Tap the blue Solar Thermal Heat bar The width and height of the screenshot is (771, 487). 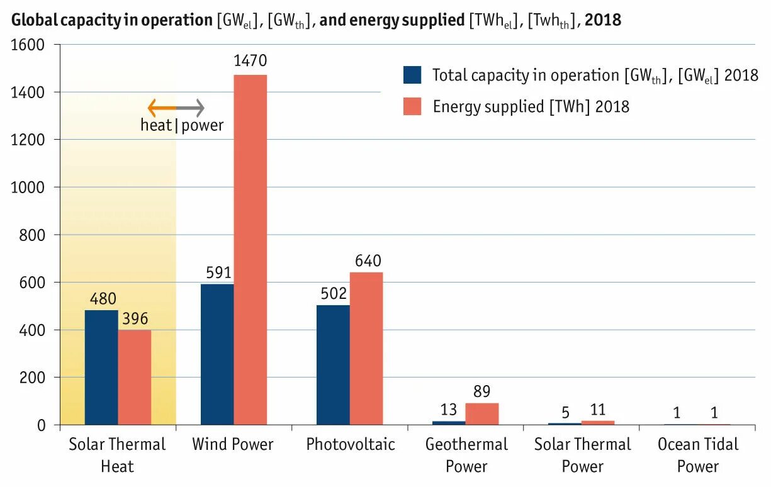pos(101,367)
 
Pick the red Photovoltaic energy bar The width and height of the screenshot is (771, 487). pos(366,349)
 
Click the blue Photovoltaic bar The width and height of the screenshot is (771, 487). pos(333,365)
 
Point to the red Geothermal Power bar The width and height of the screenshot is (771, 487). pos(481,414)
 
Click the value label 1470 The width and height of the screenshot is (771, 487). pos(250,61)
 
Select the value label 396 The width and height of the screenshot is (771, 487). pos(134,318)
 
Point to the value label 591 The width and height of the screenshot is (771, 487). pos(218,272)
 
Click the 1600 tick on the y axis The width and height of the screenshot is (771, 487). pos(28,45)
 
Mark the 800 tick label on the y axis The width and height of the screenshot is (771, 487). pos(31,235)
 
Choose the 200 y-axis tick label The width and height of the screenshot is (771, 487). pos(31,378)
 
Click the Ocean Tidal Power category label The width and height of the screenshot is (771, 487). pos(697,455)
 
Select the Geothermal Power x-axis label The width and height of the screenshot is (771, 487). pos(466,455)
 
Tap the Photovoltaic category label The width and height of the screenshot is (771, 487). pos(351,444)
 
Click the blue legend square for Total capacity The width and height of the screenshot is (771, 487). pos(412,75)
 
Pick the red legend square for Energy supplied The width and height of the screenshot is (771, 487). pos(412,106)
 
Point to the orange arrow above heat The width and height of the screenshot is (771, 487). pos(161,108)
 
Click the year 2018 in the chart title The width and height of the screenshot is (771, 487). pos(602,20)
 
